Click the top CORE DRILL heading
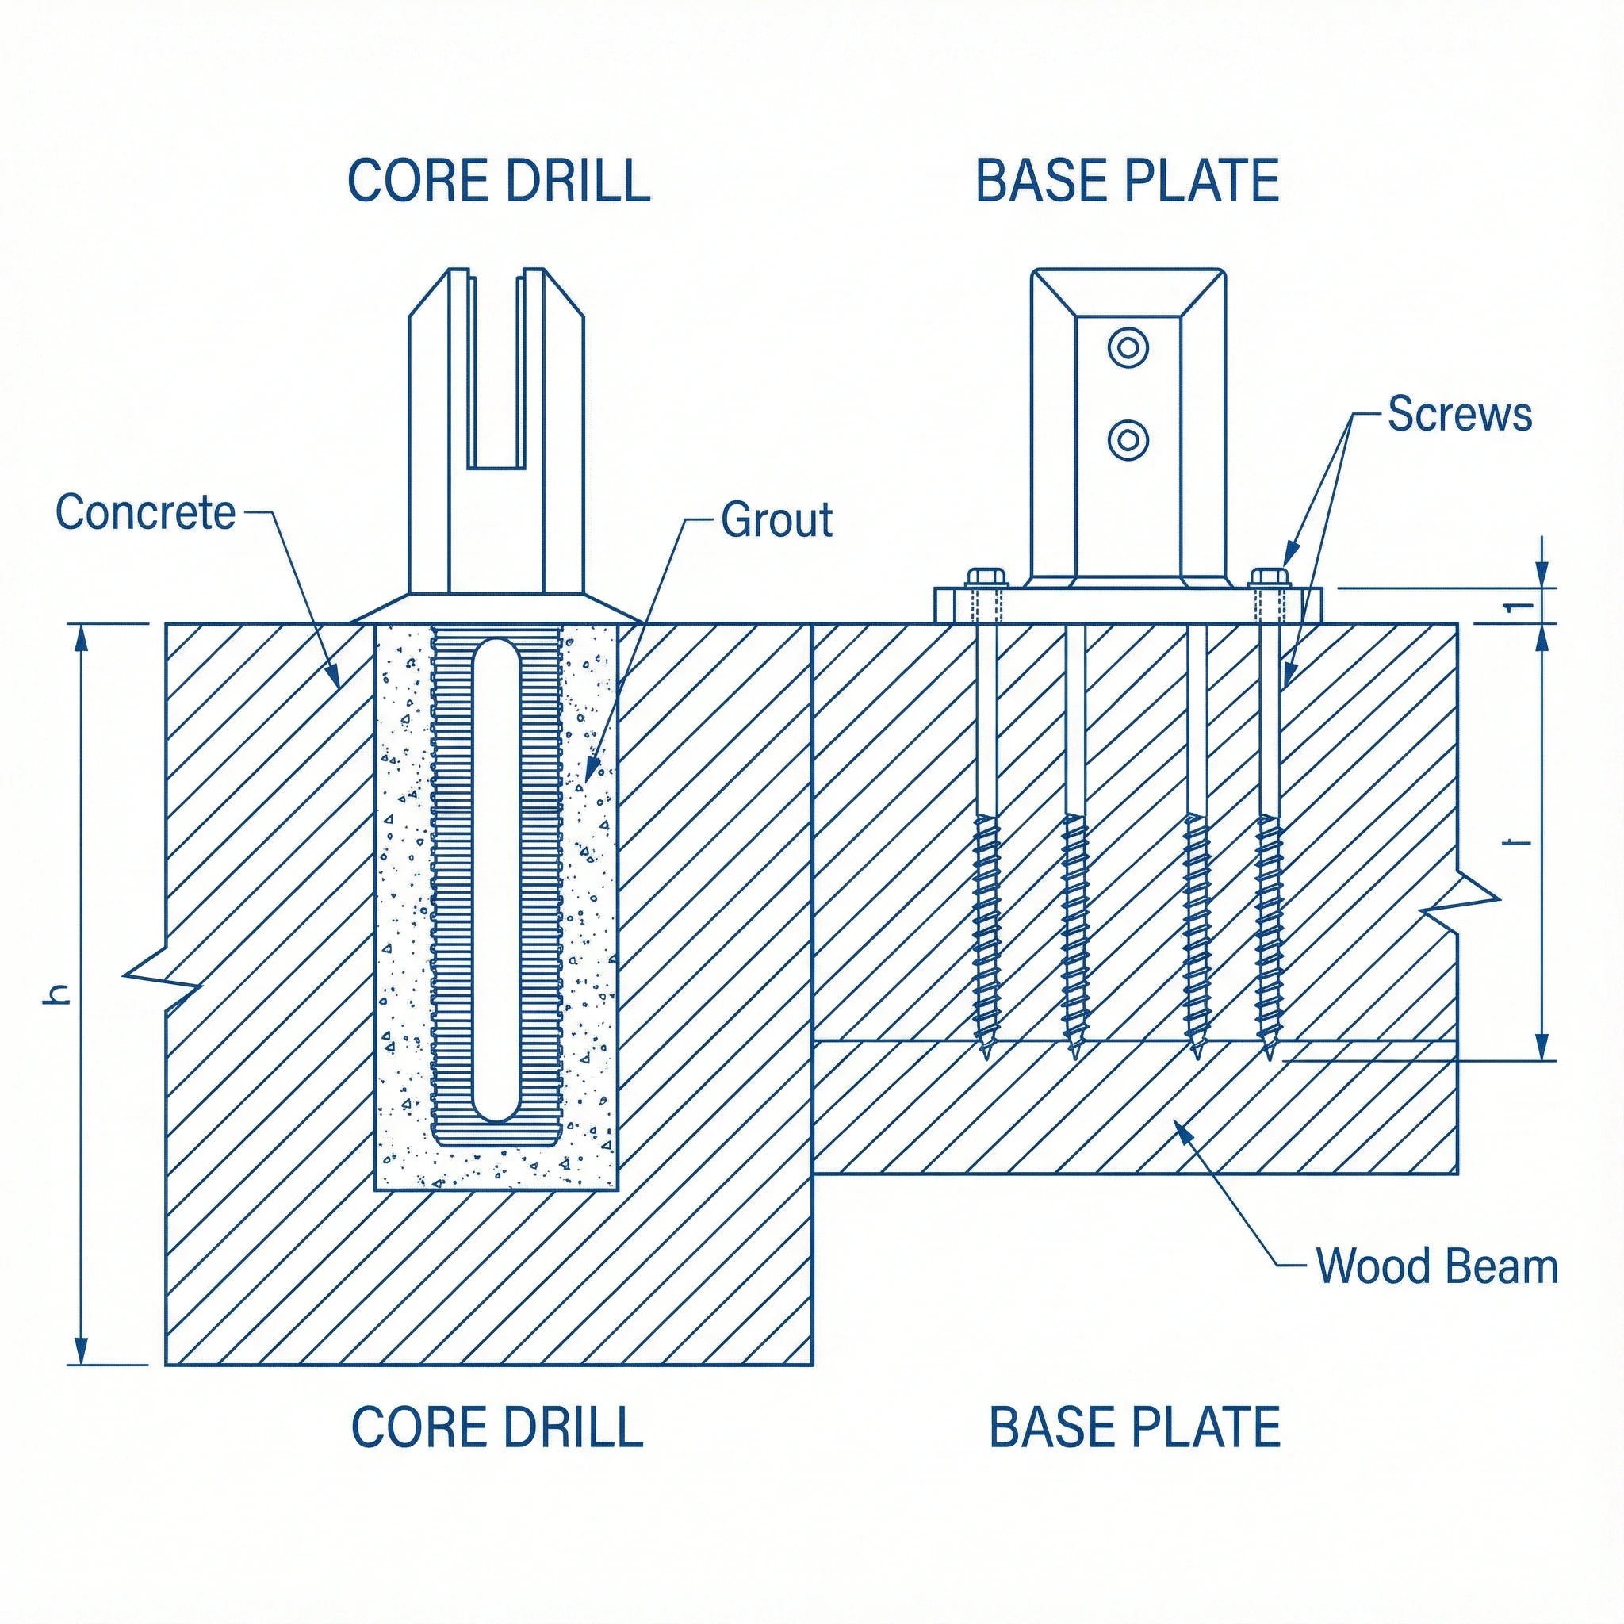point(499,180)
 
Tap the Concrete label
point(145,512)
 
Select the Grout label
point(776,519)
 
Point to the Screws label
point(1459,415)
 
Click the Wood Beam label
point(1437,1290)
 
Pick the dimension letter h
point(57,994)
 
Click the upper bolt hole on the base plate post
point(1128,347)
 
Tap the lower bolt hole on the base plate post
point(1128,439)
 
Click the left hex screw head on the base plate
point(986,577)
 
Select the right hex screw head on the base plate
point(1270,577)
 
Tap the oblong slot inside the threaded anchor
point(496,880)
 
